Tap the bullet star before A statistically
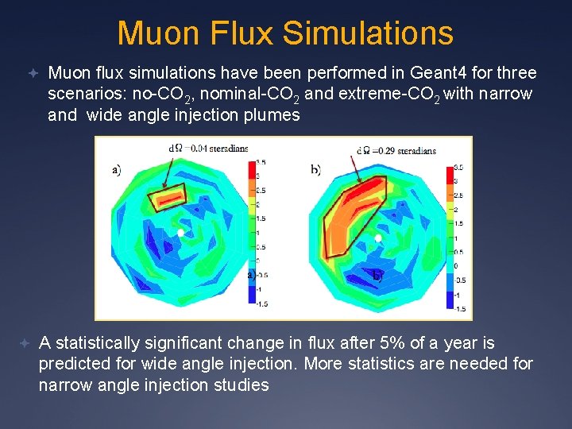25,343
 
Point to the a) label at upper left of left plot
117,168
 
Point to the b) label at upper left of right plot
315,169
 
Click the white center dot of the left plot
181,233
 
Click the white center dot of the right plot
378,238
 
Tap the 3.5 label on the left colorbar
261,161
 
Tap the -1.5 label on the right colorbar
460,309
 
